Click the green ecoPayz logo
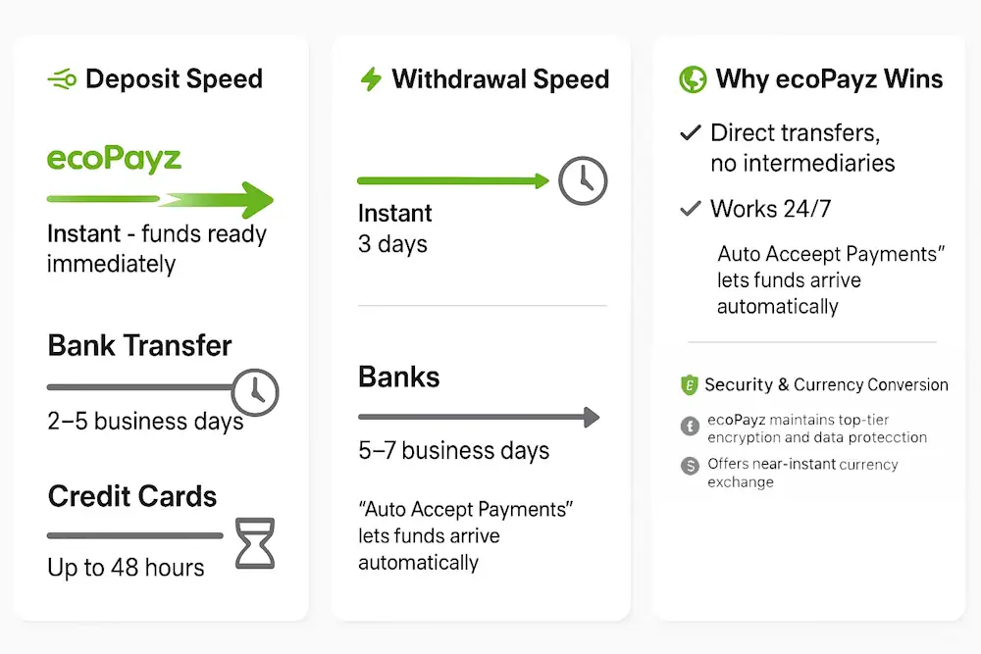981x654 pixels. tap(114, 159)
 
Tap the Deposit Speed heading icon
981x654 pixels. tap(62, 79)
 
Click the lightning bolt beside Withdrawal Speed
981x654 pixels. tap(371, 79)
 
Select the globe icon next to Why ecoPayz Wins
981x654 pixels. tap(693, 79)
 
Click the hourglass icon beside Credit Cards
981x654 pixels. tap(254, 544)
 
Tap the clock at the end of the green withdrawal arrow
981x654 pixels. tap(583, 180)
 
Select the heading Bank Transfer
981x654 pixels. tap(139, 345)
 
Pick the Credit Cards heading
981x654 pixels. tap(132, 496)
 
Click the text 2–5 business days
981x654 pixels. tap(145, 422)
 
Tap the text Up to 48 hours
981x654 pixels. tap(126, 567)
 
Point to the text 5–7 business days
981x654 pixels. tap(453, 451)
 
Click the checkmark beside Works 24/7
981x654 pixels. tap(691, 208)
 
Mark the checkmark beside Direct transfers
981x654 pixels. tap(691, 132)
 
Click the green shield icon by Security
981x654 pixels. tap(689, 384)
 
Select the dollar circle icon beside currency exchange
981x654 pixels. tap(689, 465)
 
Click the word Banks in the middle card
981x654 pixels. tap(398, 377)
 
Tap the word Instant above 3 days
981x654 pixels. tap(394, 213)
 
